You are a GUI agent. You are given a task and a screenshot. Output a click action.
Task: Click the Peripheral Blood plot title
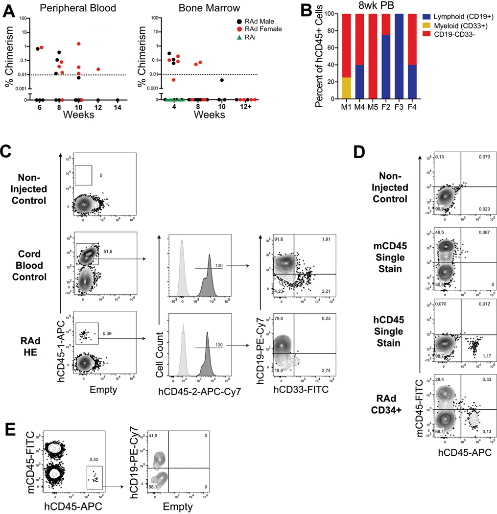coord(71,8)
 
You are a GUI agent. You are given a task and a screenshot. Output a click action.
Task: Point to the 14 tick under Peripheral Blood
coord(118,107)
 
